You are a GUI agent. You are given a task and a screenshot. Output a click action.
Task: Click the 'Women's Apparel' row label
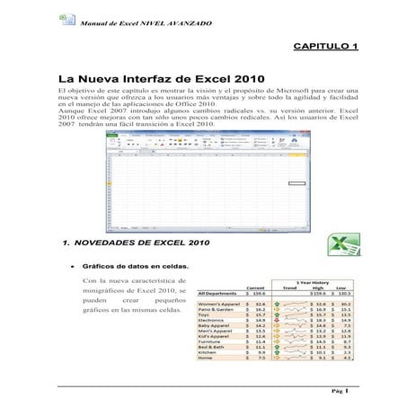219,305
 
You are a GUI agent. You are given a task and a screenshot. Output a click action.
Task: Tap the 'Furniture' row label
212,342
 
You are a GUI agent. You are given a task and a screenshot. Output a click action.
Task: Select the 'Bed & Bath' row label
214,348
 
